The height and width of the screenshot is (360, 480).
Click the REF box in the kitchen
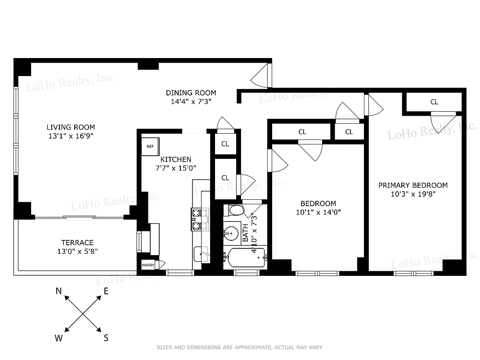pos(150,146)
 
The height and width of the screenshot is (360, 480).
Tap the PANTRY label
pos(148,265)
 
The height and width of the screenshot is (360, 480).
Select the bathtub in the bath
pos(245,257)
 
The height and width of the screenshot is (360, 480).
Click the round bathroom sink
pos(231,234)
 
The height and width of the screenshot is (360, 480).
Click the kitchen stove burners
pos(200,220)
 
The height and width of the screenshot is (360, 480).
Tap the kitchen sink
pos(201,255)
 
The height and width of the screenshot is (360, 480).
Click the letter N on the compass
pos(58,291)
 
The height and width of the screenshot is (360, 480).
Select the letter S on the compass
pos(106,338)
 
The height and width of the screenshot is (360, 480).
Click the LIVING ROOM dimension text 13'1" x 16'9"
pos(71,135)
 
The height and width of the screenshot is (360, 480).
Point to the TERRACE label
pos(77,243)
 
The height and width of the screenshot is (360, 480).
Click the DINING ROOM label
pos(191,93)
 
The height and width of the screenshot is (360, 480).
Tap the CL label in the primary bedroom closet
pos(434,102)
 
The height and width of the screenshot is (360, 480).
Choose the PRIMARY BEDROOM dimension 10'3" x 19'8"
pos(413,194)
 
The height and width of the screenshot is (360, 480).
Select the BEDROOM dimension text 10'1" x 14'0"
pos(318,212)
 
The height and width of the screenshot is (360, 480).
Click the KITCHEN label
pos(176,159)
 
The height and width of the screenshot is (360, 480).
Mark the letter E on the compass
pos(106,291)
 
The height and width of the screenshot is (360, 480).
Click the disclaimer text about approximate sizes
pos(239,347)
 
